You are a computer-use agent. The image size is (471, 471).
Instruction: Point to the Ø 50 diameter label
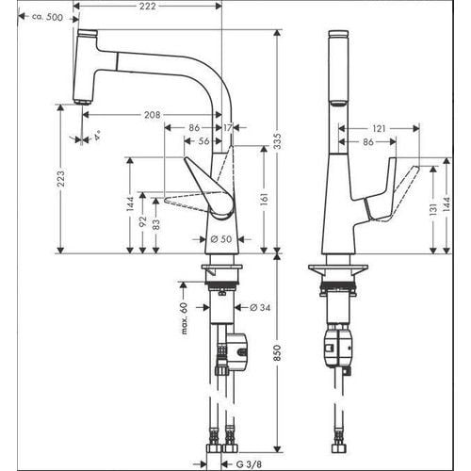[219, 238]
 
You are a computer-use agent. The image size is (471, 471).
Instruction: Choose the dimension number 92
[142, 223]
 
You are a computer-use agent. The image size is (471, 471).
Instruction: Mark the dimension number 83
[155, 226]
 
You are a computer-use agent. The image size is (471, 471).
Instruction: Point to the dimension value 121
[379, 127]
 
